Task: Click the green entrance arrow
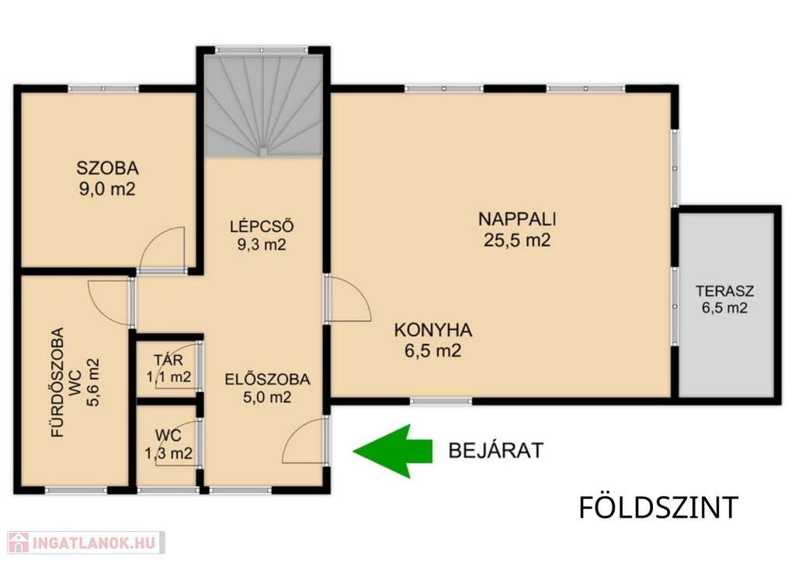pyautogui.click(x=393, y=451)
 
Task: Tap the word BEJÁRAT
pyautogui.click(x=496, y=450)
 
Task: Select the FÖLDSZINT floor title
pyautogui.click(x=658, y=508)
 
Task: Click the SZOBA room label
pyautogui.click(x=107, y=168)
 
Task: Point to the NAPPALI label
pyautogui.click(x=517, y=220)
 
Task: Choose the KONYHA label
pyautogui.click(x=433, y=331)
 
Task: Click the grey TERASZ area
pyautogui.click(x=727, y=304)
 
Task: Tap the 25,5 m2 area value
pyautogui.click(x=517, y=240)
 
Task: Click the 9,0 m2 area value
pyautogui.click(x=107, y=189)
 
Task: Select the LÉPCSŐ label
pyautogui.click(x=262, y=226)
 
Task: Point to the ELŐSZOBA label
pyautogui.click(x=267, y=379)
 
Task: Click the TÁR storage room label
pyautogui.click(x=168, y=360)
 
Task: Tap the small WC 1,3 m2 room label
pyautogui.click(x=168, y=445)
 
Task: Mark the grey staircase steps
pyautogui.click(x=263, y=106)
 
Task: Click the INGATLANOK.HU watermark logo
pyautogui.click(x=86, y=543)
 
